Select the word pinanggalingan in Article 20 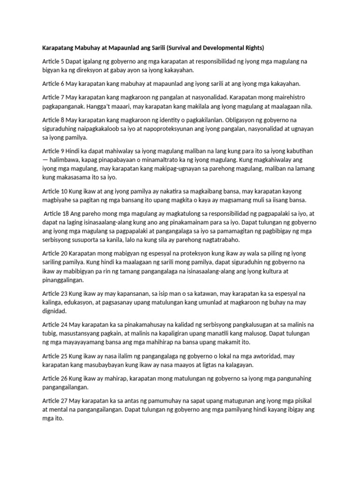[62, 280]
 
